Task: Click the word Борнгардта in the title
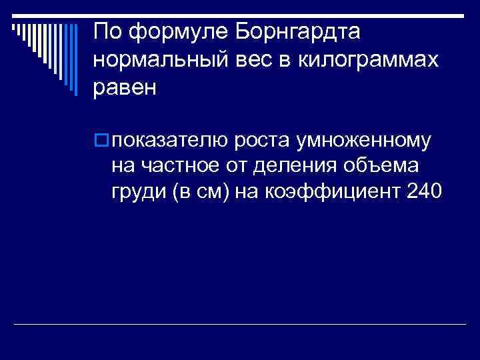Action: (x=303, y=31)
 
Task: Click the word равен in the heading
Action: (x=125, y=88)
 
